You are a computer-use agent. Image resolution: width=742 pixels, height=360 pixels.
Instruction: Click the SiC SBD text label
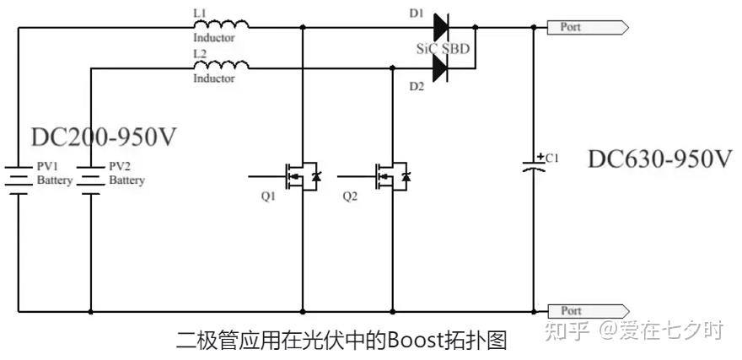[x=442, y=48]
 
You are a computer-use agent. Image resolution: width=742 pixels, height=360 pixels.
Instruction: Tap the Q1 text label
[x=267, y=196]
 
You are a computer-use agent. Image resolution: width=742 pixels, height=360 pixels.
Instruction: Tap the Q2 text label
[x=350, y=196]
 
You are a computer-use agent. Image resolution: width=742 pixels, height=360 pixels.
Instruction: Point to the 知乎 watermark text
[x=567, y=330]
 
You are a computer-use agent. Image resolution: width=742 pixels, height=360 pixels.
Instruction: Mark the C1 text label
[x=552, y=157]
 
